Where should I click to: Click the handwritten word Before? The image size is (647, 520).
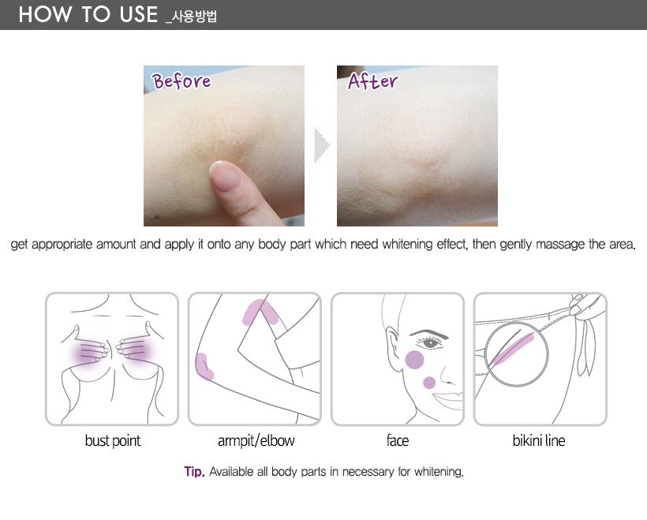(181, 80)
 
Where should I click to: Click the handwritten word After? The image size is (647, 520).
(373, 81)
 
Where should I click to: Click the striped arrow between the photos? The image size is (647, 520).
(322, 145)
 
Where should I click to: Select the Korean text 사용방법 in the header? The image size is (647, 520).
(194, 17)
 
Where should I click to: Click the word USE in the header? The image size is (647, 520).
(139, 14)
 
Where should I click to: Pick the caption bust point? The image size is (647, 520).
(113, 441)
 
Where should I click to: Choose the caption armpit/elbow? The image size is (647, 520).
(256, 441)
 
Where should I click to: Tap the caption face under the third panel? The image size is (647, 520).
(398, 440)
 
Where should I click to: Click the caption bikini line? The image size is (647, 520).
(538, 440)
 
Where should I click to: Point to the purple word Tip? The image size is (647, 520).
(194, 471)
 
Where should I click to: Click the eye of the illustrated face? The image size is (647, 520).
(430, 343)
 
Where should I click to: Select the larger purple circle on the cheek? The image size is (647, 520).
(414, 360)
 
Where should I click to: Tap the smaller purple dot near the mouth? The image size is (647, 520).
(429, 383)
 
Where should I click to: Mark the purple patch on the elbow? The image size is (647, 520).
(204, 367)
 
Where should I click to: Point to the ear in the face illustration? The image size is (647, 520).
(393, 348)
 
